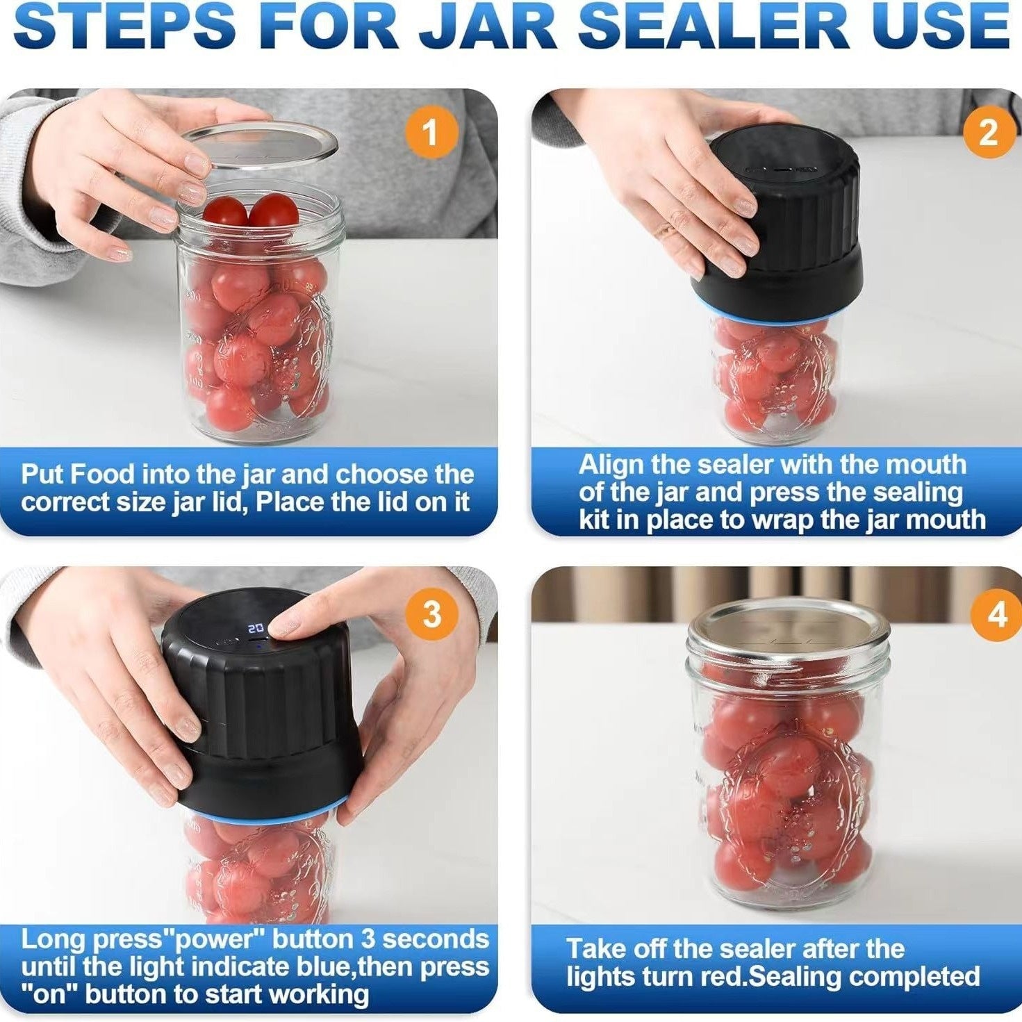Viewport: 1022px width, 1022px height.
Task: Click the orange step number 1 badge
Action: pos(431,131)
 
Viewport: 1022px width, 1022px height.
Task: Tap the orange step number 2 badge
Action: pos(988,131)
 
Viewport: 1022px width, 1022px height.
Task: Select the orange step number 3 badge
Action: pos(432,613)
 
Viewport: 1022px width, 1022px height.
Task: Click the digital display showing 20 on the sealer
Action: pos(255,627)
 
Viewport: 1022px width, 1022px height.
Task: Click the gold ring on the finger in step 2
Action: pos(668,230)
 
